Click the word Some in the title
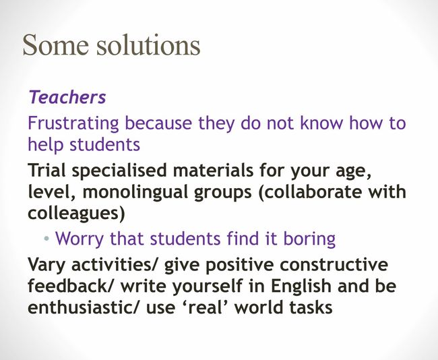55,45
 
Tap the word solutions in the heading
149,44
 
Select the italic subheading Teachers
67,97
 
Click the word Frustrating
73,123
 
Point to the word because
158,123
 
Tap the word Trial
47,170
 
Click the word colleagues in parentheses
73,214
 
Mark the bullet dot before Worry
46,239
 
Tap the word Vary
47,265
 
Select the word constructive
334,264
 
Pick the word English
301,286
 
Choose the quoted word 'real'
205,307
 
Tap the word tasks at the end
311,307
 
